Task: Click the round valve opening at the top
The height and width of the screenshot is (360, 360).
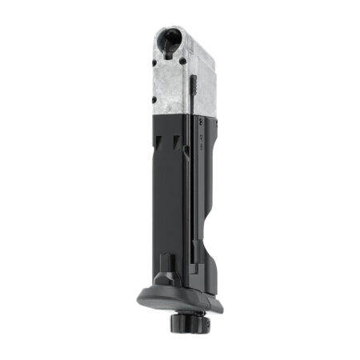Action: pos(170,40)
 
